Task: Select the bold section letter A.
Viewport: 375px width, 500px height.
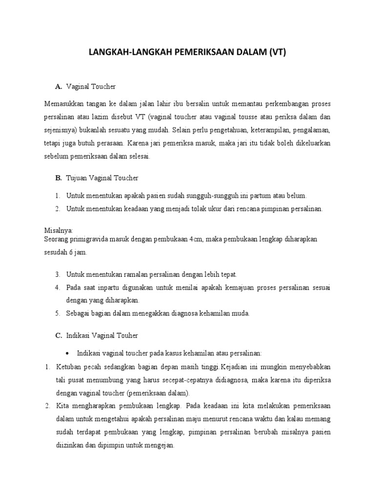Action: point(59,86)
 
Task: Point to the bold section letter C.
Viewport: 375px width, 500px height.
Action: point(59,335)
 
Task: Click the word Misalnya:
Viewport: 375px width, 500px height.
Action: point(58,229)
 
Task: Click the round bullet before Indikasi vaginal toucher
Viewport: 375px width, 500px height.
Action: point(68,353)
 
